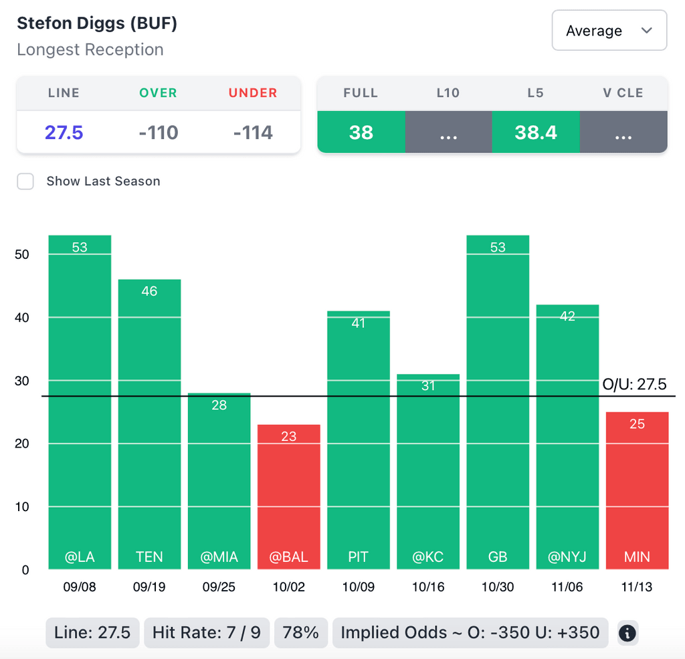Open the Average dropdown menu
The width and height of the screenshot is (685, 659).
point(609,31)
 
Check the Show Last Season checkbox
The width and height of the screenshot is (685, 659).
point(25,181)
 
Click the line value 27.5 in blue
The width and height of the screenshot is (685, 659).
point(64,132)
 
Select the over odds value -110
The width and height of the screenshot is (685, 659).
point(159,132)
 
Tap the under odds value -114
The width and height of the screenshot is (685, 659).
point(253,132)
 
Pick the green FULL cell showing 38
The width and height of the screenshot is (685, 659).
point(361,132)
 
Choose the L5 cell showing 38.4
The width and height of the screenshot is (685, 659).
point(536,132)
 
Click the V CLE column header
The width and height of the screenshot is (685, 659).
point(623,93)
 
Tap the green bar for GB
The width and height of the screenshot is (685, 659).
point(498,401)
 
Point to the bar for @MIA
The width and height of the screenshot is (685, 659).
point(219,481)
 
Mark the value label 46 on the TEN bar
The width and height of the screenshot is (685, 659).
point(149,291)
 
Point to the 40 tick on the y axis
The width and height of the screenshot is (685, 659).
point(22,317)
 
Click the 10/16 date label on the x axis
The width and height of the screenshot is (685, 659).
point(428,587)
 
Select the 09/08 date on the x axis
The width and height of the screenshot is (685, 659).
point(80,587)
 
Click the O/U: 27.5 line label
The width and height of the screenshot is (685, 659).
point(634,384)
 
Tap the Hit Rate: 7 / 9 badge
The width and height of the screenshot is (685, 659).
point(206,632)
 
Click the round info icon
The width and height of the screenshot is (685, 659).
point(627,633)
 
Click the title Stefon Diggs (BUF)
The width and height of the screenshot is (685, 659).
point(97,23)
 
